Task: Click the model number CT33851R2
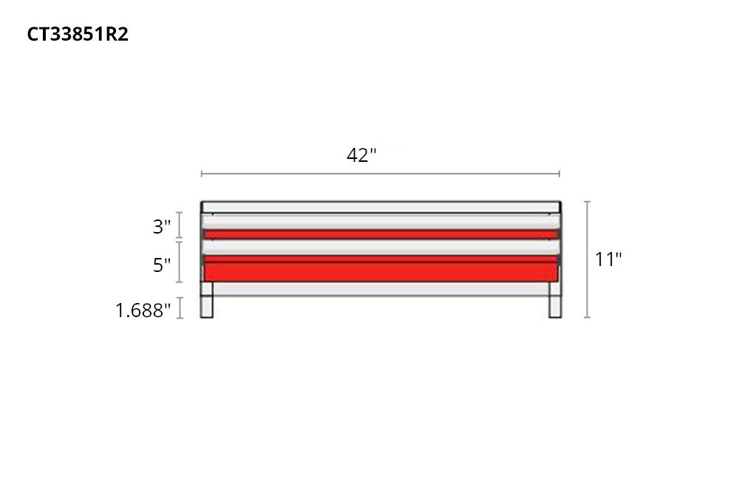[x=78, y=35]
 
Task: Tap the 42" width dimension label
[x=361, y=155]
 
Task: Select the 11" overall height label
[x=608, y=259]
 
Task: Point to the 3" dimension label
[x=162, y=227]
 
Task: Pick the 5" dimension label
[x=162, y=265]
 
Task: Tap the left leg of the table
[x=207, y=307]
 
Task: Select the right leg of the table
[x=554, y=307]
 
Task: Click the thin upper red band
[x=380, y=234]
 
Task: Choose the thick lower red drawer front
[x=380, y=271]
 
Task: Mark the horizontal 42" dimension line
[x=380, y=174]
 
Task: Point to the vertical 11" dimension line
[x=588, y=259]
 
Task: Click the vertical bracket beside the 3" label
[x=180, y=226]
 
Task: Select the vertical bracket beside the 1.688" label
[x=180, y=307]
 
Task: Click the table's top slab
[x=380, y=207]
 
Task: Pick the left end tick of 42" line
[x=202, y=174]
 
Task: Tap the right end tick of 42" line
[x=559, y=174]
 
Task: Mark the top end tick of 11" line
[x=588, y=202]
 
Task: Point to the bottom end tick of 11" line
[x=588, y=317]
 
